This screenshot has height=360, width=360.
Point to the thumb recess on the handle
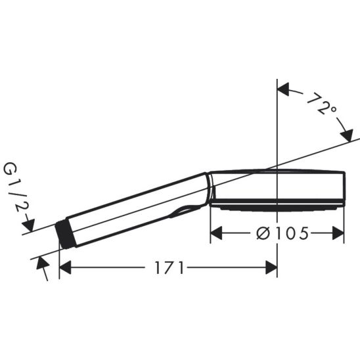pyautogui.click(x=185, y=211)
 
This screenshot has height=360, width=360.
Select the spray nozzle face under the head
pyautogui.click(x=276, y=207)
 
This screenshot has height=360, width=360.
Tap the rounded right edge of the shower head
pyautogui.click(x=342, y=188)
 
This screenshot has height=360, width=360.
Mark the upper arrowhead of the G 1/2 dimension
pyautogui.click(x=28, y=226)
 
